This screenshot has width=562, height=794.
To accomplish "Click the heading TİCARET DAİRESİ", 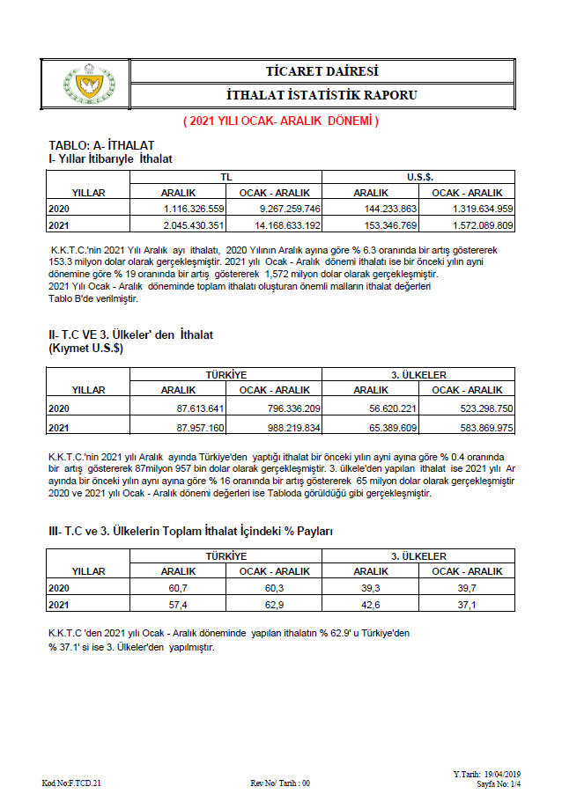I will (322, 71).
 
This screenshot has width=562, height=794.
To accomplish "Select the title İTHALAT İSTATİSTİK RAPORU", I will (322, 95).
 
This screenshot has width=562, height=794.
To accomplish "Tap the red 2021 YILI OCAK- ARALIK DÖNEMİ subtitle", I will (280, 121).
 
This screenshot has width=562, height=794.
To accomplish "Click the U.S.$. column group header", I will (419, 177).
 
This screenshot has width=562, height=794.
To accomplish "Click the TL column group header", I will (226, 177).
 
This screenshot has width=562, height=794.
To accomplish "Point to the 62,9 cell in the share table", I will (274, 604).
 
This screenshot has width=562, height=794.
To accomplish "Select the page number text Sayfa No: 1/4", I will (499, 783).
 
